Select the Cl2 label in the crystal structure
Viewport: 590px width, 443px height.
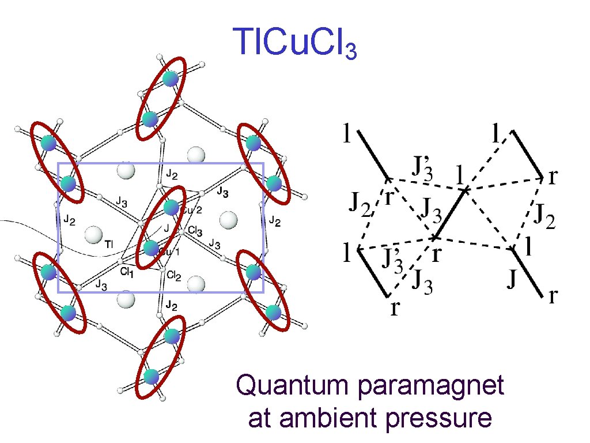(x=174, y=277)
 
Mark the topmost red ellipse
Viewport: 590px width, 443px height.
(x=161, y=98)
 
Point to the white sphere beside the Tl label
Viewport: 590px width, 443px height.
(x=92, y=235)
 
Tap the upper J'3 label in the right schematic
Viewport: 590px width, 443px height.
(x=423, y=168)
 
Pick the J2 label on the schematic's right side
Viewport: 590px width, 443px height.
(x=544, y=218)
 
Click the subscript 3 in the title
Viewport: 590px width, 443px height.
(x=350, y=53)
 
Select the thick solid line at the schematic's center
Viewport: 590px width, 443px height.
(x=452, y=213)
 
